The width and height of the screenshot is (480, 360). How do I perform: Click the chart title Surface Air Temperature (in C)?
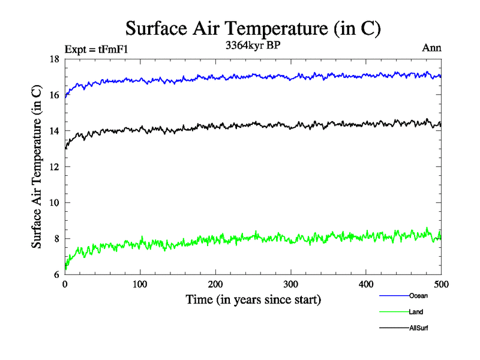tap(253, 29)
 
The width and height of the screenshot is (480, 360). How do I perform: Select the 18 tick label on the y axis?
tap(54, 59)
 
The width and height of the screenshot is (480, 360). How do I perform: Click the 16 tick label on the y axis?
tap(54, 95)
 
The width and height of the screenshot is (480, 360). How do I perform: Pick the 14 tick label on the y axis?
tap(54, 131)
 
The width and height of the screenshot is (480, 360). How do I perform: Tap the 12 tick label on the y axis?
tap(54, 167)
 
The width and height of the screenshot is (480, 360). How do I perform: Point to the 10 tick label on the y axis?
tap(54, 203)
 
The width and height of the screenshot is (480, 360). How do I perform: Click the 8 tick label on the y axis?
tap(56, 239)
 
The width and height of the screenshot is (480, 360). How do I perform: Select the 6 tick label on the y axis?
tap(56, 275)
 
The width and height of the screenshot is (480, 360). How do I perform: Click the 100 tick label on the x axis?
tap(140, 285)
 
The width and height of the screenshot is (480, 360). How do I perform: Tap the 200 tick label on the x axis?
tap(215, 285)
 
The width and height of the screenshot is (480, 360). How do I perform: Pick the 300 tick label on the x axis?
tap(290, 285)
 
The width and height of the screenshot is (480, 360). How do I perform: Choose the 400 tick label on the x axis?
tap(366, 285)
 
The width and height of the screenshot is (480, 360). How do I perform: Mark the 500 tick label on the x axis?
tap(441, 285)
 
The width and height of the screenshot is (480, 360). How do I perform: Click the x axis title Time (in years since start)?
tap(253, 299)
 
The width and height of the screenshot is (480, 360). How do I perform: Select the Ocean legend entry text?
tap(418, 296)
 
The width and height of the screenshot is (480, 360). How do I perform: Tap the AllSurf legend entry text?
tap(419, 328)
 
